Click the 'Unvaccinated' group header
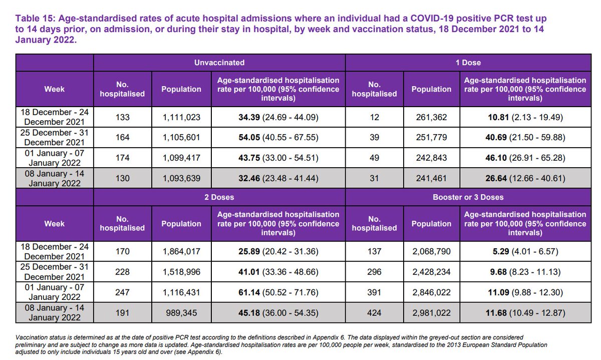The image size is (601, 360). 219,63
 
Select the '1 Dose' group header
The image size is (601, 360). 471,63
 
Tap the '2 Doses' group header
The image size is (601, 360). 219,197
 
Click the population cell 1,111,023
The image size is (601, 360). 181,117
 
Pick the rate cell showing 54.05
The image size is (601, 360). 278,138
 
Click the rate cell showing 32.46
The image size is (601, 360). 278,178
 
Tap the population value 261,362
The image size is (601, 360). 431,117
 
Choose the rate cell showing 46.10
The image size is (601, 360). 524,158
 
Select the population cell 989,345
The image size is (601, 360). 181,313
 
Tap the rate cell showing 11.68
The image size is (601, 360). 524,313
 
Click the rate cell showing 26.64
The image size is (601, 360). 524,178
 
